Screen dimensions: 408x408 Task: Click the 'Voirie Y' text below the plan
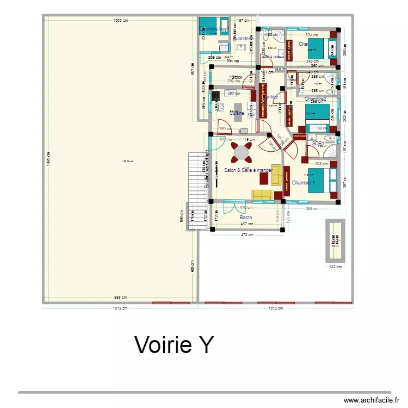(174, 345)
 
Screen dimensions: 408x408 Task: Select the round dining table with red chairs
(241, 153)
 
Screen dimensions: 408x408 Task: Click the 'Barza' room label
(246, 218)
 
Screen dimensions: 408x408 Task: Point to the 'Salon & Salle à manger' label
(248, 170)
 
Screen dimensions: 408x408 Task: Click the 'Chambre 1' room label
(302, 183)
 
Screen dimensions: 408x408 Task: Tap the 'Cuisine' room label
(236, 113)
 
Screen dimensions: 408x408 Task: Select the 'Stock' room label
(237, 77)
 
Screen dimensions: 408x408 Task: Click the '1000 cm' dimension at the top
(120, 21)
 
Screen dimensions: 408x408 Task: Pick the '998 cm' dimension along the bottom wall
(120, 297)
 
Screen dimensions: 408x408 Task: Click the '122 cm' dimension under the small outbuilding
(335, 267)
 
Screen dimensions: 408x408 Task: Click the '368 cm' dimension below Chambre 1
(312, 208)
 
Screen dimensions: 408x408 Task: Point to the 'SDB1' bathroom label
(318, 144)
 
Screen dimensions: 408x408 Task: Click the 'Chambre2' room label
(316, 99)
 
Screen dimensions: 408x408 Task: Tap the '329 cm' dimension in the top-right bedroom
(311, 35)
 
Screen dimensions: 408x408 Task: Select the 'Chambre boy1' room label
(214, 29)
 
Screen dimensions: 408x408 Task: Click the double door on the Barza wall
(228, 205)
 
